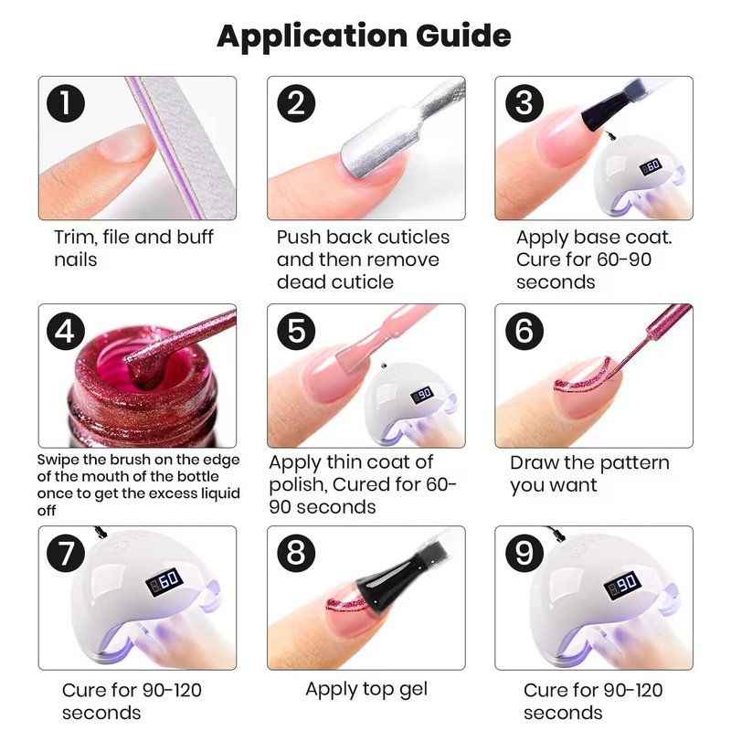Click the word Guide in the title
pyautogui.click(x=463, y=36)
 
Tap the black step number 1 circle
pyautogui.click(x=66, y=103)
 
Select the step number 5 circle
pyautogui.click(x=296, y=331)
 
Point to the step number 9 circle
pyautogui.click(x=524, y=553)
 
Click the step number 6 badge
pyautogui.click(x=524, y=331)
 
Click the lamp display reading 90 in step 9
pyautogui.click(x=622, y=585)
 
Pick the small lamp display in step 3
pyautogui.click(x=651, y=166)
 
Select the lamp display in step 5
pyautogui.click(x=422, y=395)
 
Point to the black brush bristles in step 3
pyautogui.click(x=602, y=111)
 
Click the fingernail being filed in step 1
pyautogui.click(x=125, y=143)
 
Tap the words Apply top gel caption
pyautogui.click(x=366, y=690)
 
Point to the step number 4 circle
pyautogui.click(x=66, y=331)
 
